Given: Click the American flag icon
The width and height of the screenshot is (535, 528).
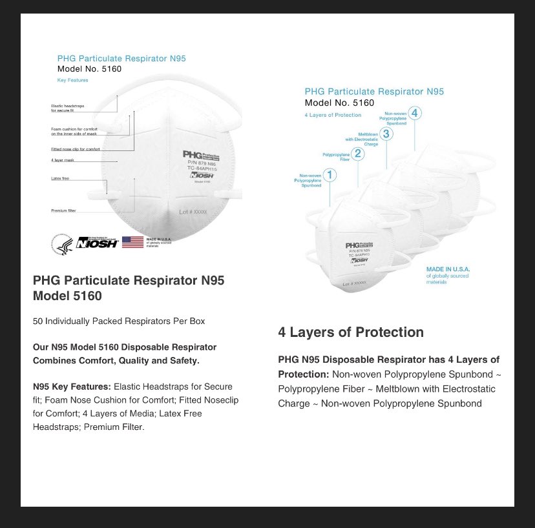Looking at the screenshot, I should tap(132, 242).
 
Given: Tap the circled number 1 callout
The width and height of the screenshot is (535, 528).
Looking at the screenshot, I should tap(330, 174).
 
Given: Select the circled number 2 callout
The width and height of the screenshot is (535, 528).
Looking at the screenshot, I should tap(359, 154).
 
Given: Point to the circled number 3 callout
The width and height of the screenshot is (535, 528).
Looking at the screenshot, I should tap(386, 134).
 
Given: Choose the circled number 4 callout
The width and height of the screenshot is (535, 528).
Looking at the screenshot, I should tap(415, 114).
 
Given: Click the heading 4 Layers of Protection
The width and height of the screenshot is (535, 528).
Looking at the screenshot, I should tap(351, 332).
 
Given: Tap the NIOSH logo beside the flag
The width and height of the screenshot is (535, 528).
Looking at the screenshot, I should tap(97, 243).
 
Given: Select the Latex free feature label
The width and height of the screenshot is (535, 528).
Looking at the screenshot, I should tap(60, 178).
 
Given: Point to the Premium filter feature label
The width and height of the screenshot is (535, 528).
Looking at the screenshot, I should tap(64, 210).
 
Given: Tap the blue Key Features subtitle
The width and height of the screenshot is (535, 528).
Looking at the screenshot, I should tap(72, 80).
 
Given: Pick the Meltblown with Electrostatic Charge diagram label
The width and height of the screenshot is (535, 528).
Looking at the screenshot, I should tap(361, 138).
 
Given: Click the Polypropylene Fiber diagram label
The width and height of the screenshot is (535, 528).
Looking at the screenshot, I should tap(337, 157).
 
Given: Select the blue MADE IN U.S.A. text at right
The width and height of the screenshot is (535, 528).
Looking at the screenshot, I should tap(448, 269).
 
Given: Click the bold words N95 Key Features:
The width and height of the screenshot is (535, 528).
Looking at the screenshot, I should tap(72, 387).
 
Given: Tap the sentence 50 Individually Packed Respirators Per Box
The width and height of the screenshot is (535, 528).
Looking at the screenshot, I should tap(119, 321).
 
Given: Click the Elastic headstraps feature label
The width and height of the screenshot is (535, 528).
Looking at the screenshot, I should tap(67, 108).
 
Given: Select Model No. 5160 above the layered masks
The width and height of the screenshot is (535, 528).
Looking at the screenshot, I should tap(339, 103).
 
